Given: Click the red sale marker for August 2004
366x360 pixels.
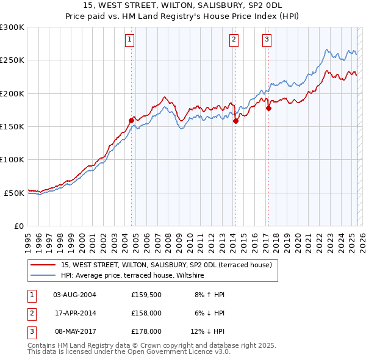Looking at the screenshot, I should coord(131,120).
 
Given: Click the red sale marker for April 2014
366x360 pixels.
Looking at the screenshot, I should coord(235,121).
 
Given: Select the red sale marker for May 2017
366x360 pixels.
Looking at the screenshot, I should coord(268,109).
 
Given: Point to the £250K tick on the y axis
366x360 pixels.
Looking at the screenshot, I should coord(12,60).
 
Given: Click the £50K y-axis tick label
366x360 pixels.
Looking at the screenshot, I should coord(14,193).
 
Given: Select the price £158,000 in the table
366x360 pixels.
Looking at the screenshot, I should coord(146,314).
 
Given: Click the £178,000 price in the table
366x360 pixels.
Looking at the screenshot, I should coord(146,332).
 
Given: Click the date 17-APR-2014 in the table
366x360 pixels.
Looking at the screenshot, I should coord(74,314).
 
